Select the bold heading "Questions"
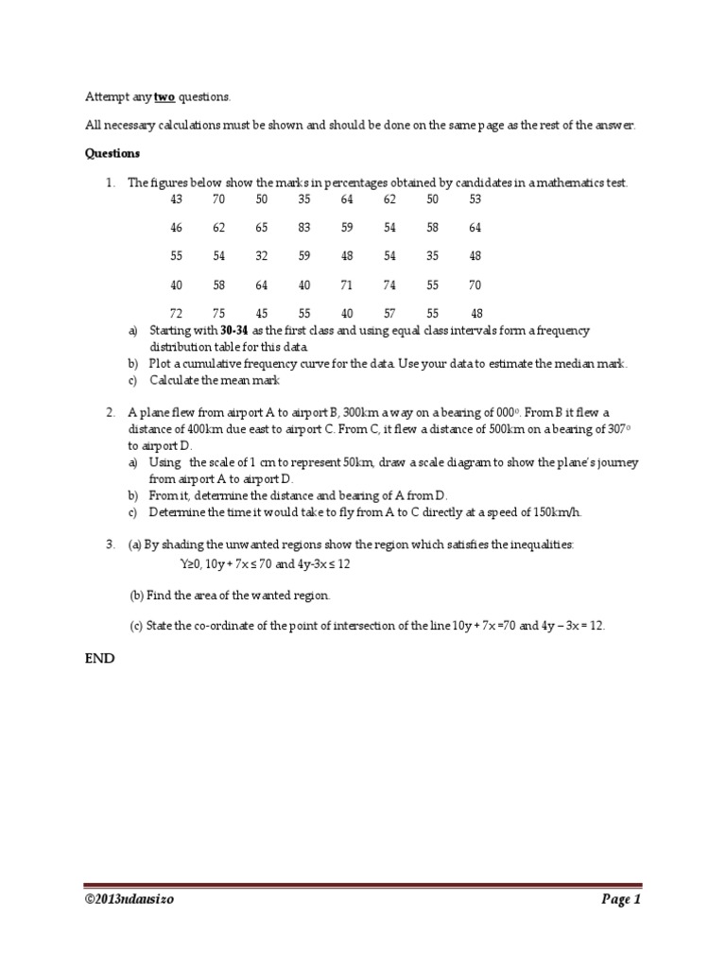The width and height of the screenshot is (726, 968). coord(112,153)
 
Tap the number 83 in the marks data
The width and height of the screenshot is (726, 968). coord(303,228)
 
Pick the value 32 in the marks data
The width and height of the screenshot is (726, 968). coord(261,256)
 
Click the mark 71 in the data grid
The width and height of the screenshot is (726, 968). coord(346,285)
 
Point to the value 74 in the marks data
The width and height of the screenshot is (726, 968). coord(389,285)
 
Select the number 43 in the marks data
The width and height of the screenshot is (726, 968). coord(177,199)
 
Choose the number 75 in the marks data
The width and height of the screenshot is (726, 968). coord(218,313)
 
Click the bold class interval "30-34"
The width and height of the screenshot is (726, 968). coord(235,330)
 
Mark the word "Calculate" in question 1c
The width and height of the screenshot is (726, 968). coord(177,381)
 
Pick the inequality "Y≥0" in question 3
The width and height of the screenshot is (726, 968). coord(192,563)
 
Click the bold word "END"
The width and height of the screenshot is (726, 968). coord(100,659)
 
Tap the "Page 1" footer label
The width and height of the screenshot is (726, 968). coord(621,900)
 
